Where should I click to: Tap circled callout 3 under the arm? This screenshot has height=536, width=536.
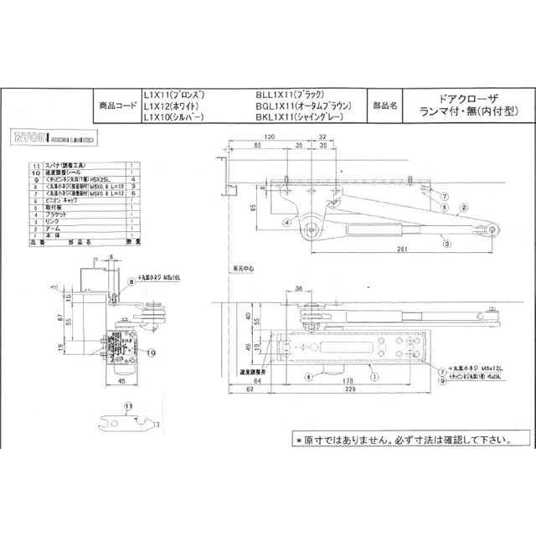coord(448,244)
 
